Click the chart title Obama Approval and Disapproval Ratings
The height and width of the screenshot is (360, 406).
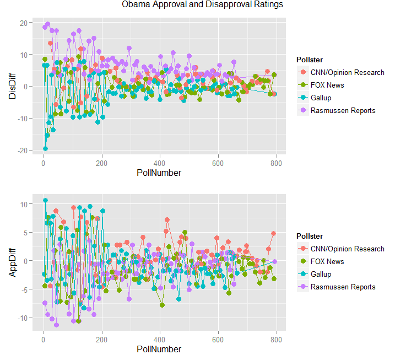tap(203, 5)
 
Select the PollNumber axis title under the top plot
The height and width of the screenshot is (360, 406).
tap(159, 173)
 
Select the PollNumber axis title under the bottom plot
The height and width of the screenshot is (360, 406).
tap(159, 349)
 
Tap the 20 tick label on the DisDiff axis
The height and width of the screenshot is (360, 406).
tap(23, 23)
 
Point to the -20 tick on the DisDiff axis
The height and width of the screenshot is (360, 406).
tap(22, 151)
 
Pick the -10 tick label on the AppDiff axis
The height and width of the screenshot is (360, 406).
tap(22, 318)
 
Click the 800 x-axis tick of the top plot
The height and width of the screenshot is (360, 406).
tap(276, 163)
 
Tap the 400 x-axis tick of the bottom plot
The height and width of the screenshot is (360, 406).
tap(160, 339)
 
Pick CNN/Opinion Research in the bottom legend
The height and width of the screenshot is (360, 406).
tap(347, 249)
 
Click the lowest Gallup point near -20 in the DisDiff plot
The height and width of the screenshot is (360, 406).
tap(45, 148)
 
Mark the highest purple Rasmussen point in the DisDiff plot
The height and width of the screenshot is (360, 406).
tap(48, 24)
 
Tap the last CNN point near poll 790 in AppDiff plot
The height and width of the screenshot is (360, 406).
tap(273, 234)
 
